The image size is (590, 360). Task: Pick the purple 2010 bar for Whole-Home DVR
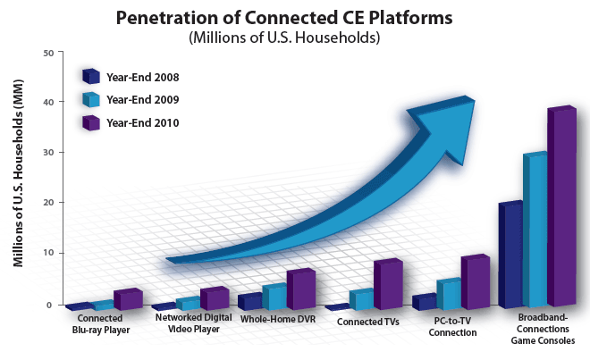(300, 289)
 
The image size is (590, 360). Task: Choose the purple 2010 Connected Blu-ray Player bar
(128, 299)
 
